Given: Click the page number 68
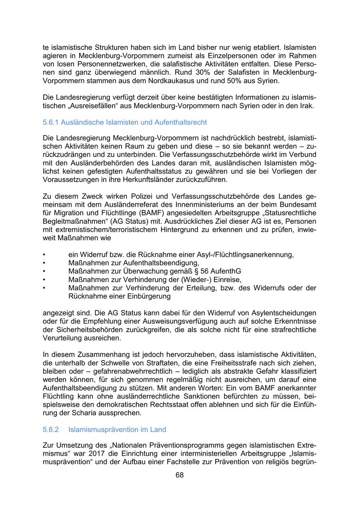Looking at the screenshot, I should pos(180,475).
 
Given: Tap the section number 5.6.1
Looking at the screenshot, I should pos(51,122).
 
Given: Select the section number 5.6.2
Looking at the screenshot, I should pos(51,429).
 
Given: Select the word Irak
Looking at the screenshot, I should pos(307,106).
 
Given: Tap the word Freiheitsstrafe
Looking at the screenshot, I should pos(232,363).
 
